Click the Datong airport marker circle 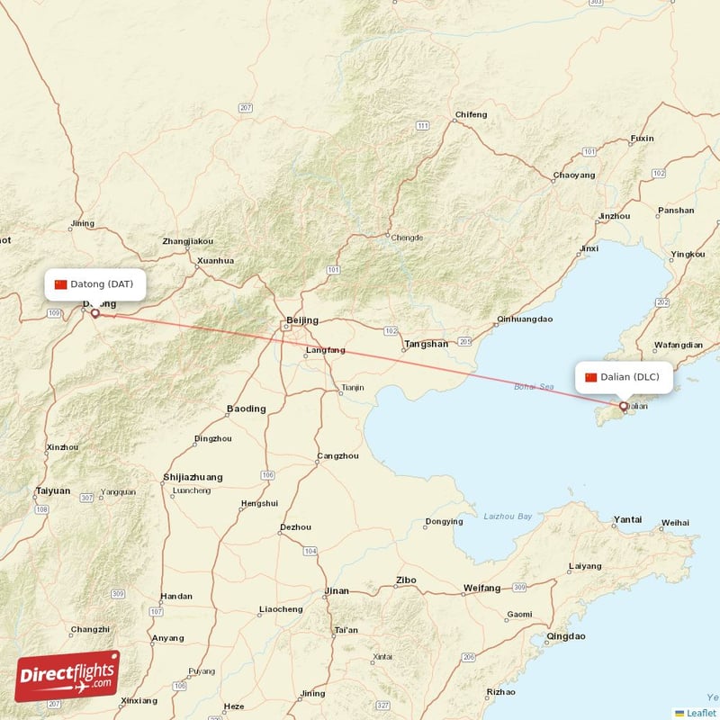(x=94, y=314)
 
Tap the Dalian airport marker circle (x=624, y=407)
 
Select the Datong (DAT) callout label (x=94, y=284)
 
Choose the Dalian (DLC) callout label (x=623, y=377)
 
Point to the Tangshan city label (x=426, y=344)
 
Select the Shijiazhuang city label (x=193, y=477)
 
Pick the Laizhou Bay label (x=508, y=517)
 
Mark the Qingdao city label (x=565, y=636)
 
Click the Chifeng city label (x=471, y=115)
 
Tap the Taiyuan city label (x=52, y=490)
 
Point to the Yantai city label (x=627, y=519)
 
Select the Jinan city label (x=336, y=591)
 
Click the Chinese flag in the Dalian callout (x=591, y=377)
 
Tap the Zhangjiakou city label (x=187, y=241)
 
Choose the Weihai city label (x=675, y=522)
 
